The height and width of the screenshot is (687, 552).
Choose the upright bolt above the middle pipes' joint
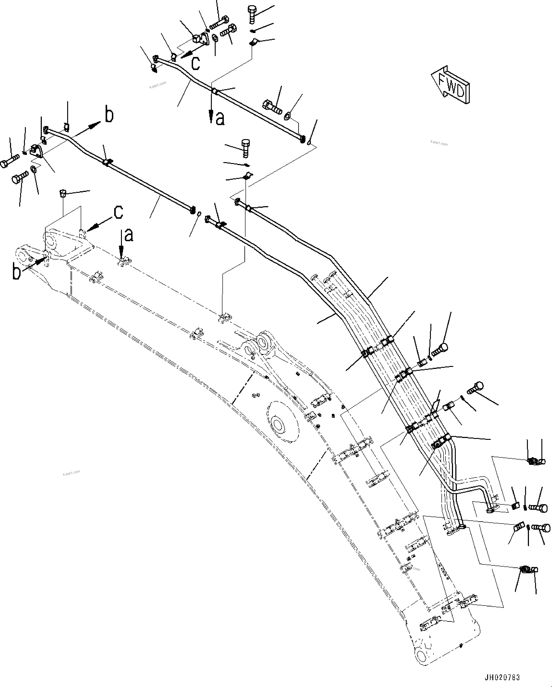(245, 148)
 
